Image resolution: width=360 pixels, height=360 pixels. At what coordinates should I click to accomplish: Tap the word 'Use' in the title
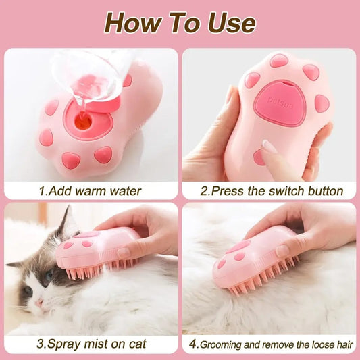[227, 24]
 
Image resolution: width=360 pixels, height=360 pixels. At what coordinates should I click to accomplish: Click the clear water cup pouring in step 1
[95, 74]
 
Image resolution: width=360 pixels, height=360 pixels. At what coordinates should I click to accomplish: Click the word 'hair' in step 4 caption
[342, 343]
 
